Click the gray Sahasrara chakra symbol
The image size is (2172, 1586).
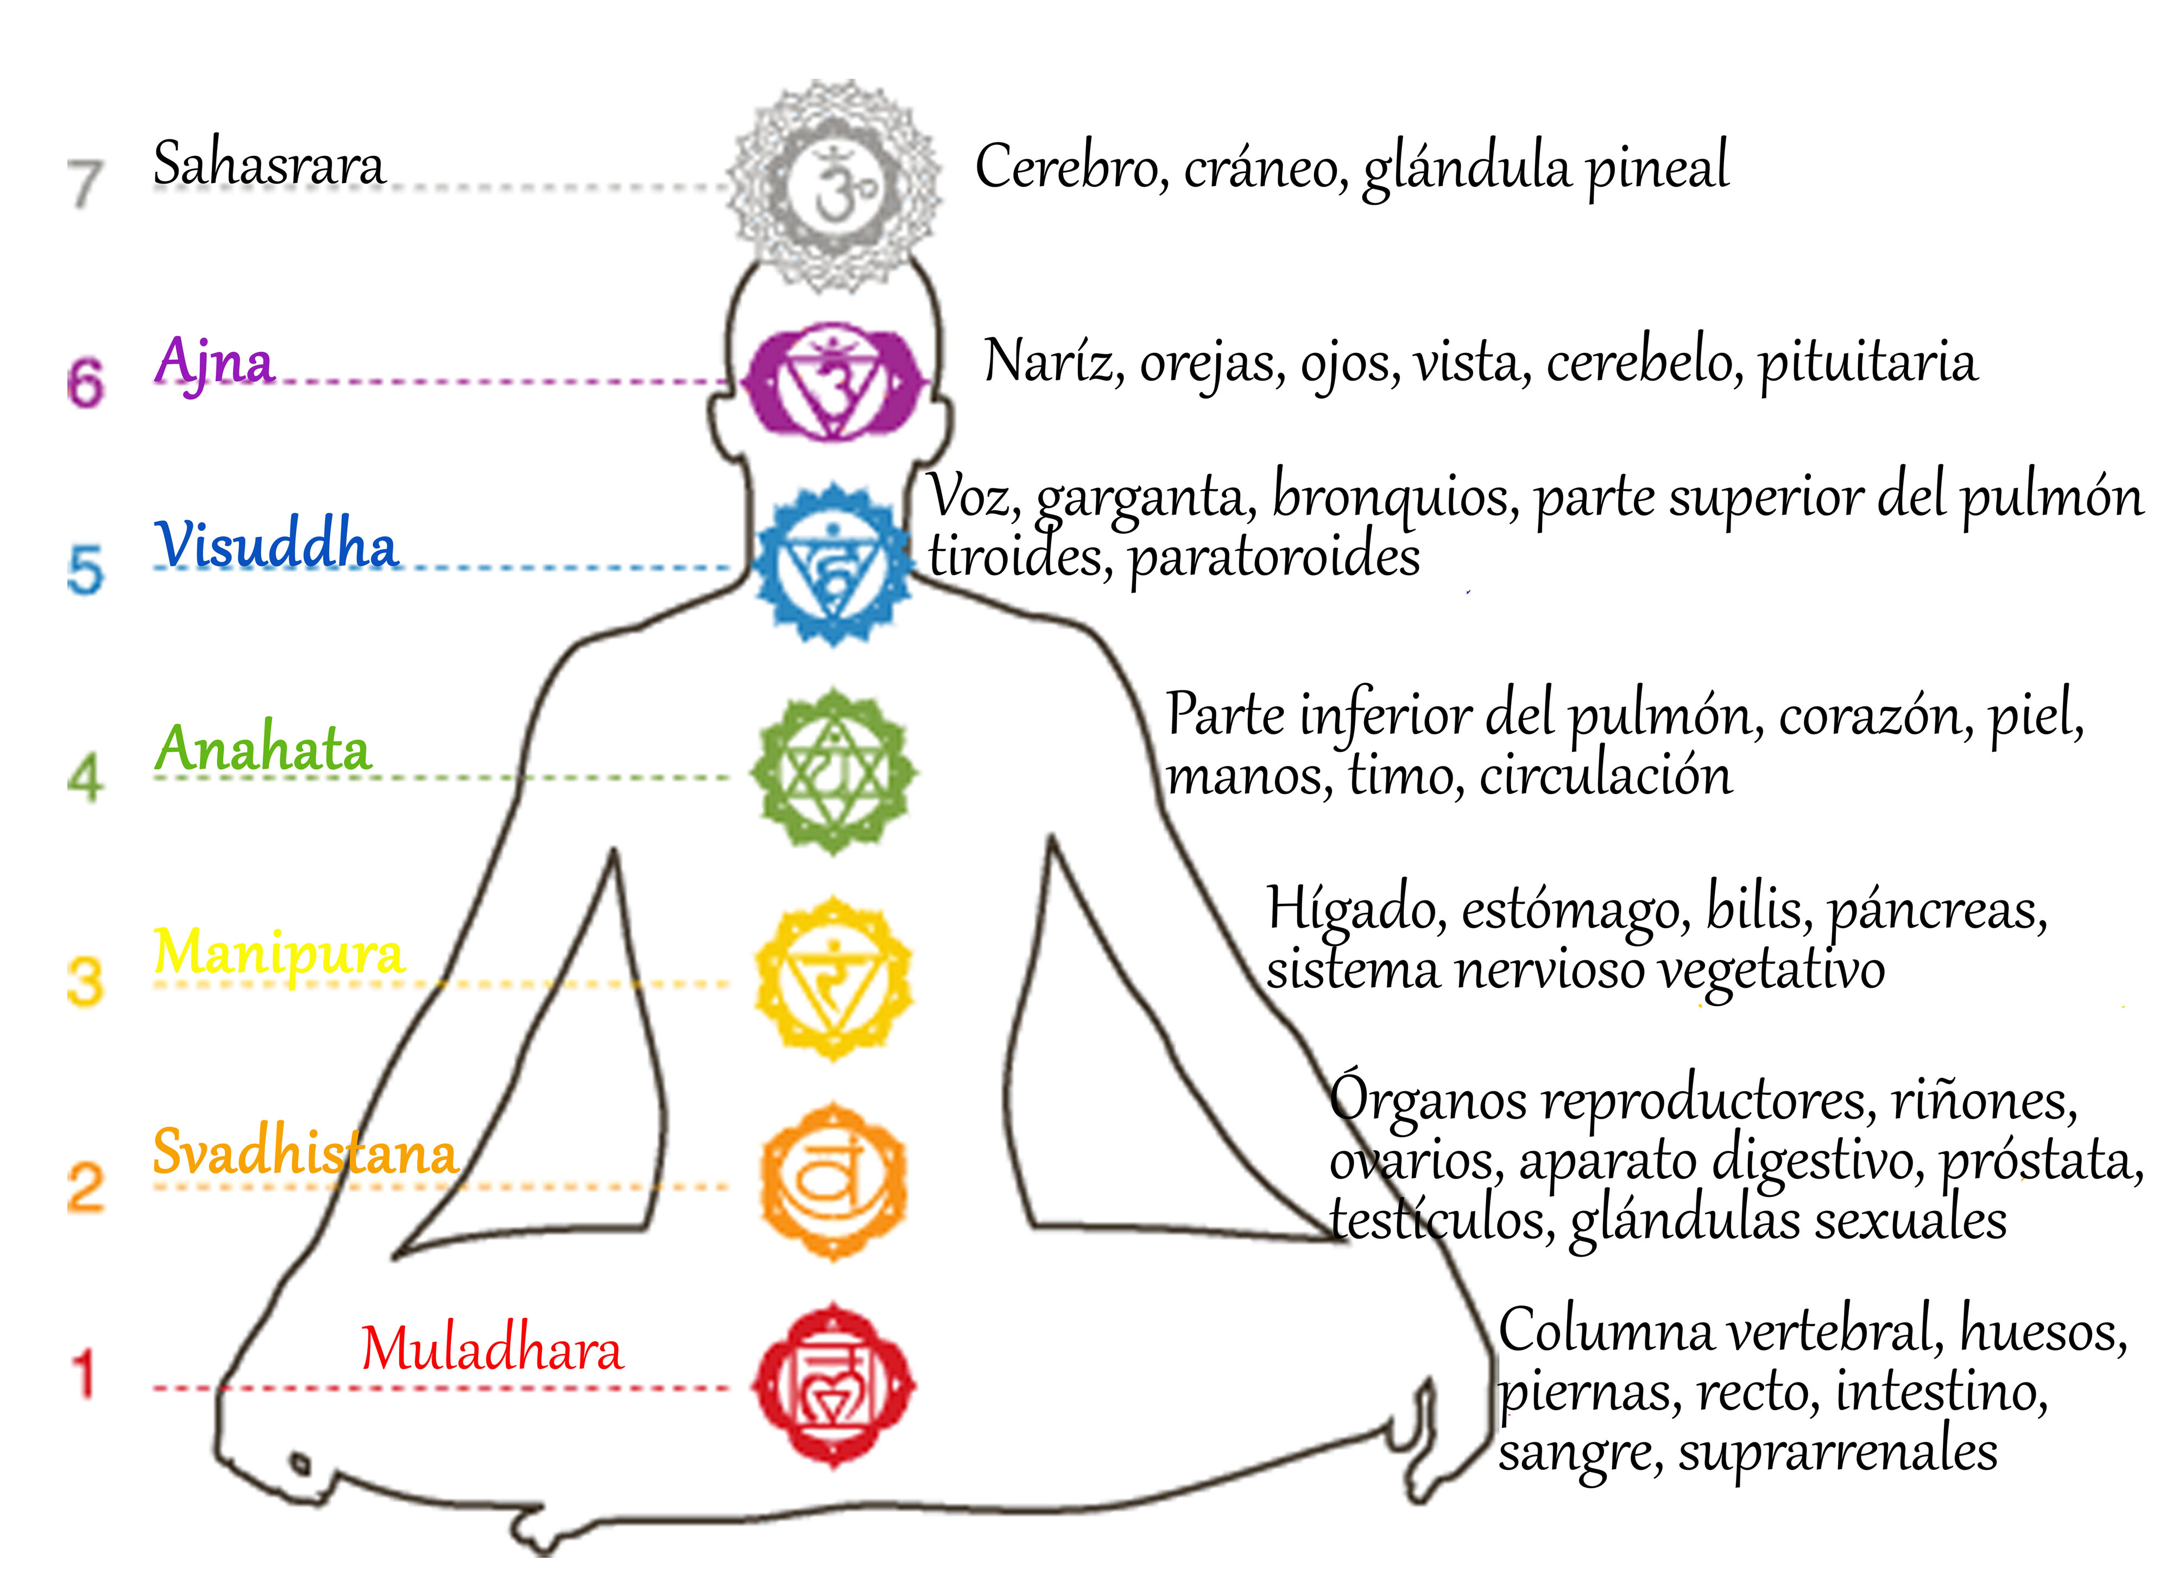834,185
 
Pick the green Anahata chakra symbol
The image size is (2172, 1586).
834,771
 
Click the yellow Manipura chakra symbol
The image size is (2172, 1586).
834,979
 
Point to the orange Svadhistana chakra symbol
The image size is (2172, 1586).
834,1181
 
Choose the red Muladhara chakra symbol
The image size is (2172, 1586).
834,1385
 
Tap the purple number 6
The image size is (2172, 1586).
85,382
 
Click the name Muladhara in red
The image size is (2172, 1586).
491,1349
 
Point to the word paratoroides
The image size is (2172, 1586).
1274,557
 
